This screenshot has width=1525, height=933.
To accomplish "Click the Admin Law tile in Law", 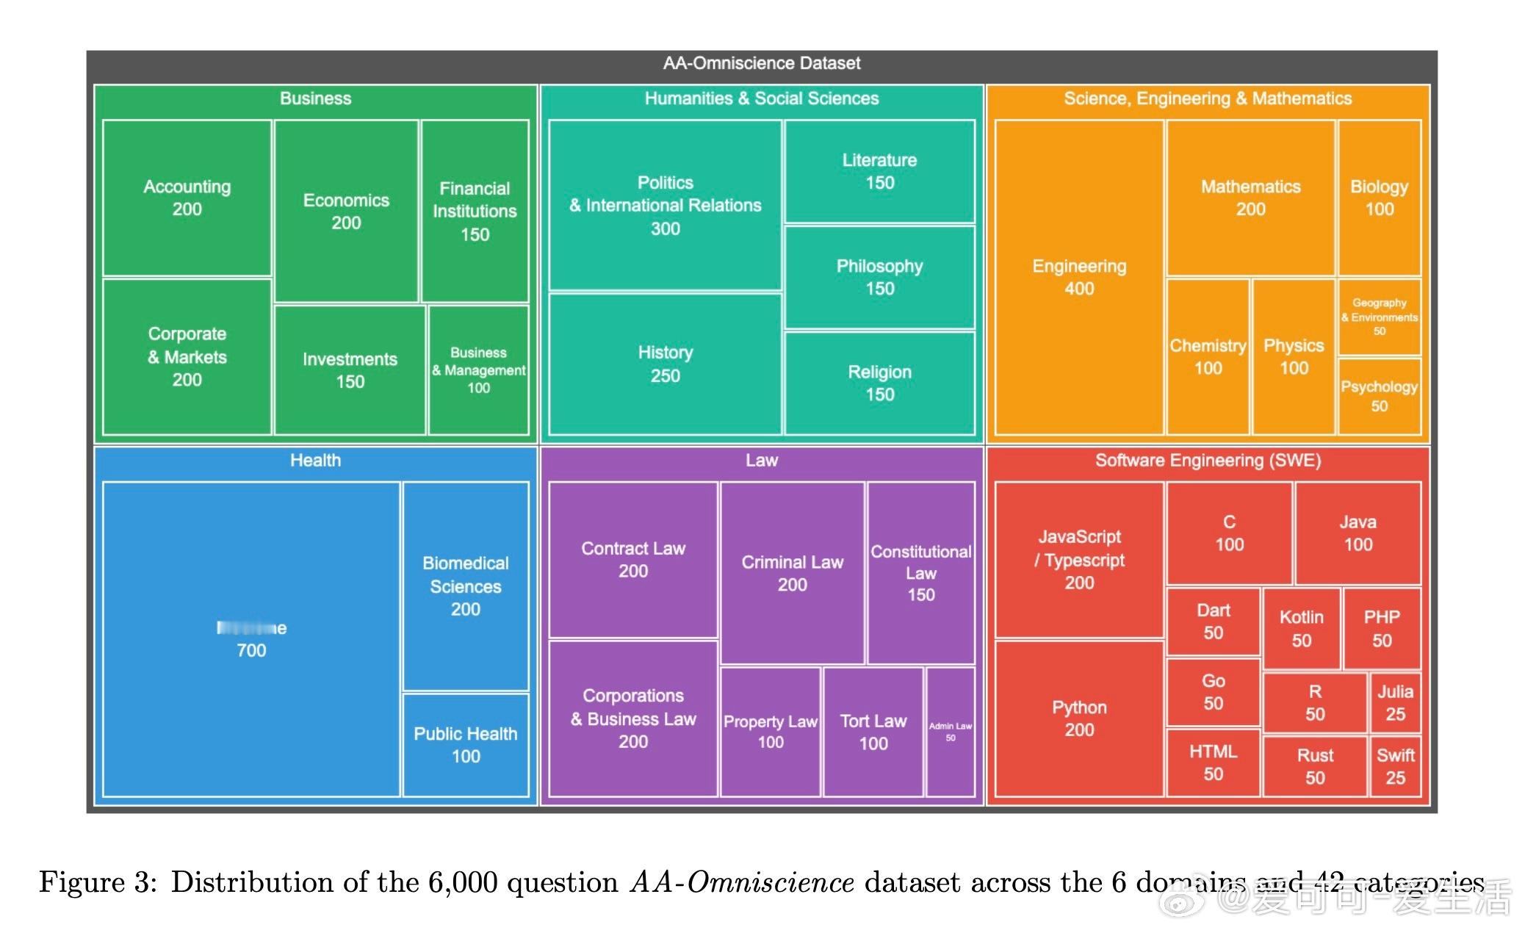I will [x=950, y=732].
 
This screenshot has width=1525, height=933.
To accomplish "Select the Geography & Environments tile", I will [x=1379, y=317].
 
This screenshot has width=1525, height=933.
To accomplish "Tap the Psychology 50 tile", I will [x=1379, y=396].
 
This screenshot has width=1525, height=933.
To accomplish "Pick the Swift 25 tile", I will [x=1395, y=766].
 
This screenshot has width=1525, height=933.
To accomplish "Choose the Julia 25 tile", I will [x=1395, y=702].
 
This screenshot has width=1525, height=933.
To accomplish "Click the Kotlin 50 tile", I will [x=1301, y=628].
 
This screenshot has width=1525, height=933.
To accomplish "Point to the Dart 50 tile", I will [x=1213, y=621].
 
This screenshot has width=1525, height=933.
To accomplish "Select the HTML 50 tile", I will [x=1213, y=762].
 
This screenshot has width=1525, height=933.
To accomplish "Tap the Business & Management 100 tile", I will [x=478, y=370].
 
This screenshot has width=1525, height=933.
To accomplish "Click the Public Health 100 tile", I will [x=465, y=744].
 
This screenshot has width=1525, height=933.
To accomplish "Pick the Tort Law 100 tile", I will [x=873, y=732].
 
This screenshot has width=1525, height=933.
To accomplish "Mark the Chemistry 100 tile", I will [x=1208, y=356].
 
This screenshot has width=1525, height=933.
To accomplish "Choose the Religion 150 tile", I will [x=879, y=383].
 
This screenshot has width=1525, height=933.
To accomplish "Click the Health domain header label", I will [x=315, y=461].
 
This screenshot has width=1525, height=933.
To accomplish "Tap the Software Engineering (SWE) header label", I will [x=1208, y=461].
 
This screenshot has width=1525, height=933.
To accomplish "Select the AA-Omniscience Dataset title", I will [x=761, y=63].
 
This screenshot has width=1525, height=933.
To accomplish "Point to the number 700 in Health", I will [x=251, y=650].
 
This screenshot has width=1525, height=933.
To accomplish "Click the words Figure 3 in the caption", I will [x=97, y=882].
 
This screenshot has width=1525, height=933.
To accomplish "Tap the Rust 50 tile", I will [x=1314, y=766].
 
